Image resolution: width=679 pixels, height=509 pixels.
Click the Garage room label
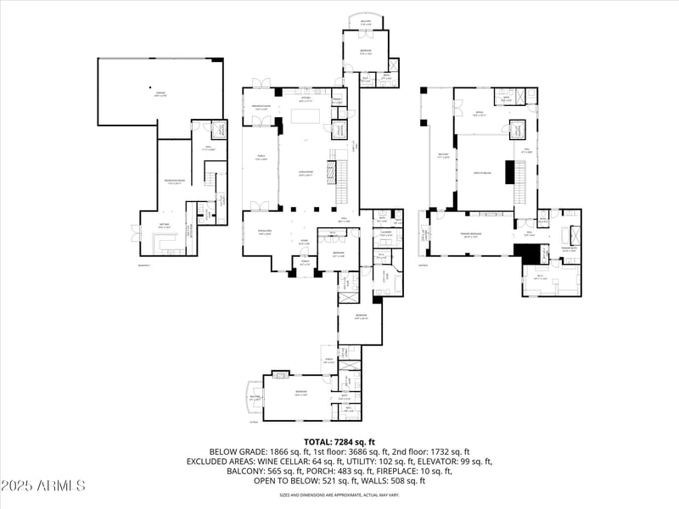tap(160, 94)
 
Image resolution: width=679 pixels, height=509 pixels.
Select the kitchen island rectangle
tap(308, 114)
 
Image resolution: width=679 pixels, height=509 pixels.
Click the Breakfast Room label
tap(260, 107)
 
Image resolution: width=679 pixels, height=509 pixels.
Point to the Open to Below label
tap(484, 172)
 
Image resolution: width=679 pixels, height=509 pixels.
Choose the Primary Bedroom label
tap(472, 236)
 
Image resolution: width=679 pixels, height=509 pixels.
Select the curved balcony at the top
tap(366, 23)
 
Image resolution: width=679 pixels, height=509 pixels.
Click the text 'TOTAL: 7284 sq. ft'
tap(339, 442)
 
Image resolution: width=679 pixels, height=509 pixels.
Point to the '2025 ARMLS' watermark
tap(43, 486)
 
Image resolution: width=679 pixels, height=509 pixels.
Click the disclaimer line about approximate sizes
tap(339, 495)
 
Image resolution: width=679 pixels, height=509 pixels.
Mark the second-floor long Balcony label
tap(442, 154)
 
